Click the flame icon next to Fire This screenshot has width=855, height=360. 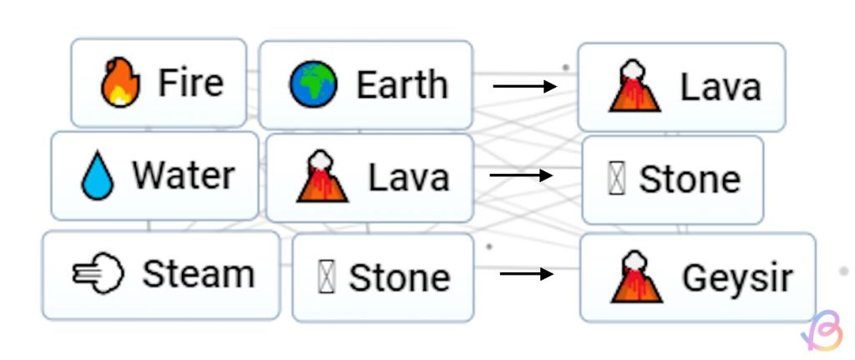tap(120, 84)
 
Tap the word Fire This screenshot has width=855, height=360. tap(191, 84)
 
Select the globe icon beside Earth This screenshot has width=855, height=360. tap(314, 85)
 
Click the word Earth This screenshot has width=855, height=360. tap(402, 85)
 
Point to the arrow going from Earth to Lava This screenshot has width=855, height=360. tap(524, 86)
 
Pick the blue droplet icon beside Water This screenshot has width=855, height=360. tap(98, 177)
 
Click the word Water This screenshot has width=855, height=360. tap(183, 176)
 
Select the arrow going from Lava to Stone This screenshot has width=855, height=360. tap(521, 175)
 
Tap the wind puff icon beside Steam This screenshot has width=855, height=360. tap(99, 275)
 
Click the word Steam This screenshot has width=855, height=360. tap(198, 274)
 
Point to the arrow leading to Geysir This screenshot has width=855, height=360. tap(526, 273)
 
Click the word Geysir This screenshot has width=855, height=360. tap(736, 278)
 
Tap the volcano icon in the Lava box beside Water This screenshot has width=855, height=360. tap(322, 177)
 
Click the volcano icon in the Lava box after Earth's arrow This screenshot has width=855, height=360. tap(635, 86)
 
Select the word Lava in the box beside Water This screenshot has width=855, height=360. tap(408, 177)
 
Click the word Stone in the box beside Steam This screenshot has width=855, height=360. tap(399, 278)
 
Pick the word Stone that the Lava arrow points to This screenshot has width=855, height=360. tap(689, 180)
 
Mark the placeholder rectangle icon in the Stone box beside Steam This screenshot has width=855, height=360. tap(326, 278)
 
